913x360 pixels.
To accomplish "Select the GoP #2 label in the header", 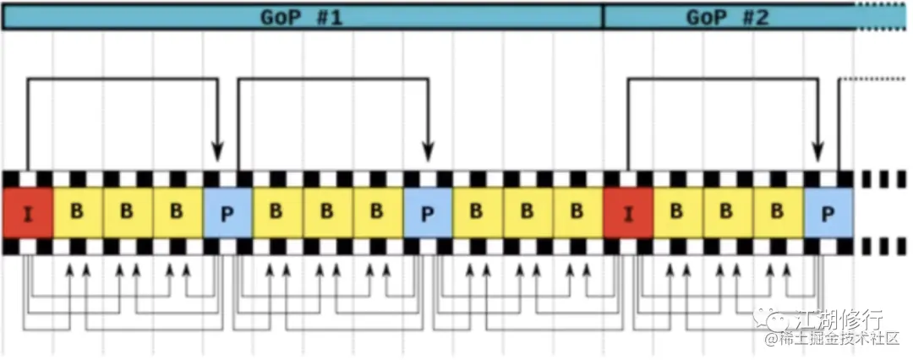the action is pyautogui.click(x=727, y=16).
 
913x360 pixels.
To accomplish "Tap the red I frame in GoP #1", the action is pyautogui.click(x=28, y=212).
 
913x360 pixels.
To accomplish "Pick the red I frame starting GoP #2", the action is pyautogui.click(x=628, y=212).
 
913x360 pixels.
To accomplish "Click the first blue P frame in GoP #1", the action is pyautogui.click(x=227, y=212).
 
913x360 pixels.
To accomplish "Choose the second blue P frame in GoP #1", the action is pyautogui.click(x=428, y=212).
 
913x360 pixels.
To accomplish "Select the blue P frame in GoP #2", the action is pyautogui.click(x=828, y=212).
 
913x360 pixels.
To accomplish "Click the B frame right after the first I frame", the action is pyautogui.click(x=77, y=212).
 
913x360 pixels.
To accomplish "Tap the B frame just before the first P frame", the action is pyautogui.click(x=177, y=212).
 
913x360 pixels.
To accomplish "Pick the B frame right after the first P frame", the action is pyautogui.click(x=276, y=212).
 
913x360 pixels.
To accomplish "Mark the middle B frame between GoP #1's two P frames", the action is pyautogui.click(x=327, y=212).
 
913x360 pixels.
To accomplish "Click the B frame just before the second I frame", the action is pyautogui.click(x=577, y=212).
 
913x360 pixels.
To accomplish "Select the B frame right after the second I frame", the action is pyautogui.click(x=677, y=212).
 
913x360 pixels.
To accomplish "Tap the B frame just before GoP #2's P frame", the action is pyautogui.click(x=777, y=212).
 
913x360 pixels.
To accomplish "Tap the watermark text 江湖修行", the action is pyautogui.click(x=839, y=319).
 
